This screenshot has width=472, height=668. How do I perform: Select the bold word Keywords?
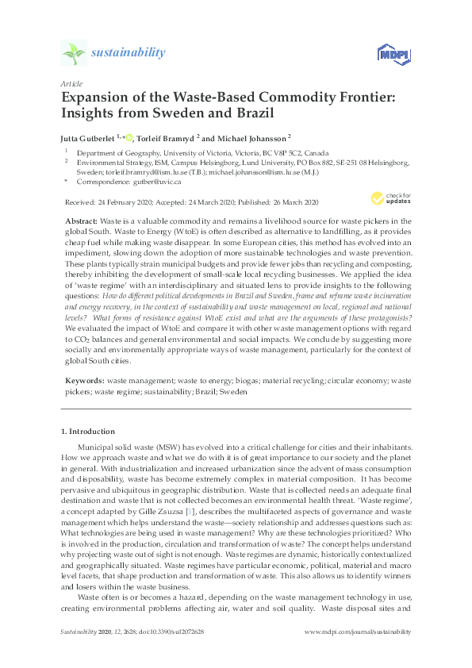[x=85, y=382]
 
